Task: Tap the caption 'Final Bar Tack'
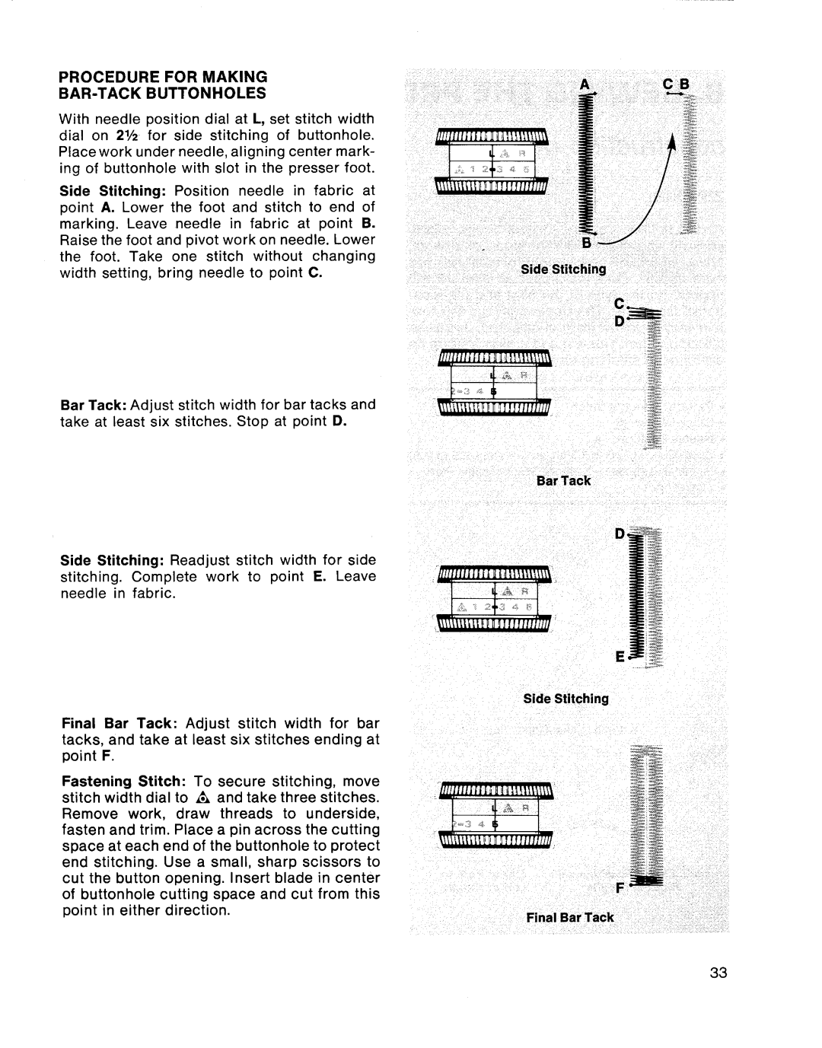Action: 570,917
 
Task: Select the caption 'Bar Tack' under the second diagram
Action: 563,480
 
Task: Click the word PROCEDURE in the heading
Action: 108,76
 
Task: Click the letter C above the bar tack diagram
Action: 620,304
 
